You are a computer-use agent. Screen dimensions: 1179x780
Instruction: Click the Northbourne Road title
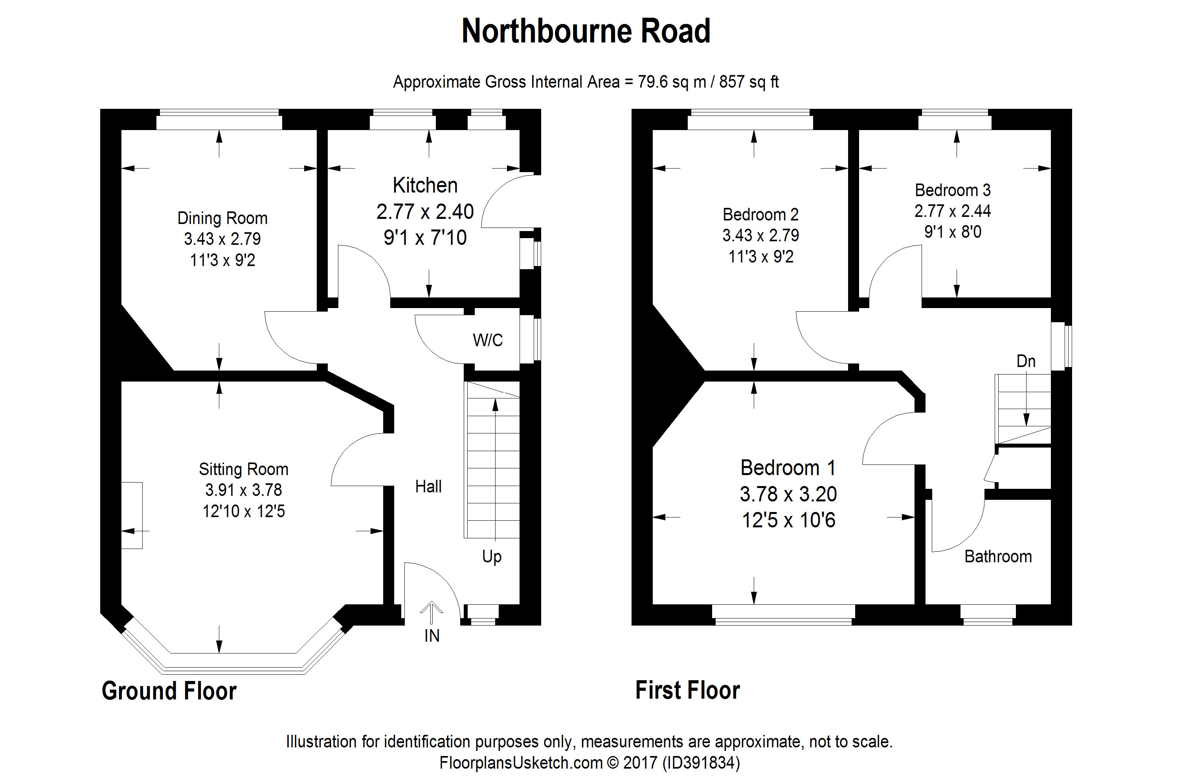586,31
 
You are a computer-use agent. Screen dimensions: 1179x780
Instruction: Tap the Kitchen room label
425,185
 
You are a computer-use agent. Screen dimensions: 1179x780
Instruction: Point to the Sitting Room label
243,469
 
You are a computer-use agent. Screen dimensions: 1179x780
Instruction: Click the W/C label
488,340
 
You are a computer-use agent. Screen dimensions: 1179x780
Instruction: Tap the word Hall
428,486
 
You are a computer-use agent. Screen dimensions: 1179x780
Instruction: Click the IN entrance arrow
431,613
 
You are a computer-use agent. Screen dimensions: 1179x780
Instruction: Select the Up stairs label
492,556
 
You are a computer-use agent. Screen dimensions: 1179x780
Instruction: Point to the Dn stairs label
1026,361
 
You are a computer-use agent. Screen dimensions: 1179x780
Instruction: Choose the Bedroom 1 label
788,468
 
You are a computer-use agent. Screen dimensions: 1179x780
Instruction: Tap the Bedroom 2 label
760,215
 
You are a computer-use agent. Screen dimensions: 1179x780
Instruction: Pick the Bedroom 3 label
953,190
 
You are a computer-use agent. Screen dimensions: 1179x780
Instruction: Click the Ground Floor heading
169,691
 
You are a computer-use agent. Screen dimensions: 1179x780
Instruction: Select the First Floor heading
687,690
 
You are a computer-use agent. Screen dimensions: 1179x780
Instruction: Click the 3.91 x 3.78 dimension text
243,490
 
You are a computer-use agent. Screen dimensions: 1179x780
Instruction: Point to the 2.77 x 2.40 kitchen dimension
425,212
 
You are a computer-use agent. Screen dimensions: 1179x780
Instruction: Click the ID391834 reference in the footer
701,763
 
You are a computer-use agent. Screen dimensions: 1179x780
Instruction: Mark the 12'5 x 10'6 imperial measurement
788,520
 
